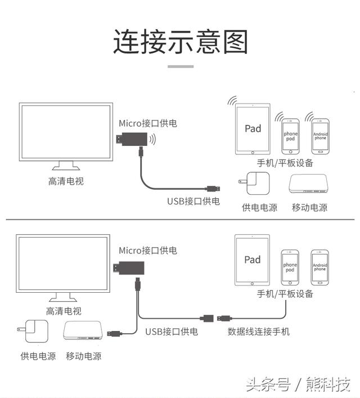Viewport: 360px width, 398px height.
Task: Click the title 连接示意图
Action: pos(180,42)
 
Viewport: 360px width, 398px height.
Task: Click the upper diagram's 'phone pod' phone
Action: pos(290,136)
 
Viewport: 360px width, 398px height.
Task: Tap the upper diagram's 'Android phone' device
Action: pos(320,136)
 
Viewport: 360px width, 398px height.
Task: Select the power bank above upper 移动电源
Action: pos(308,185)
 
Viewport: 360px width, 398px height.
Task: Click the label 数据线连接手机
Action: pos(258,332)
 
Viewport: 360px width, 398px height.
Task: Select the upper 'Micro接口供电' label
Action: pos(147,123)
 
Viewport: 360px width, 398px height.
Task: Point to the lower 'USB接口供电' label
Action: pos(172,332)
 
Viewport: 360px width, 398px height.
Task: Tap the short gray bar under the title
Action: pos(180,66)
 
